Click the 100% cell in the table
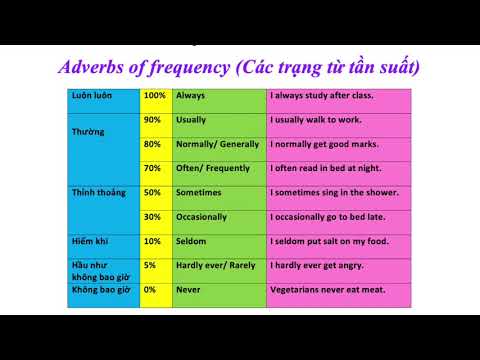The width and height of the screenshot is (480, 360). coord(155,96)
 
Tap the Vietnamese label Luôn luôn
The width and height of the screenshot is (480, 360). coord(90,96)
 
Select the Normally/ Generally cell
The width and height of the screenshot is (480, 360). coord(217,144)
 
